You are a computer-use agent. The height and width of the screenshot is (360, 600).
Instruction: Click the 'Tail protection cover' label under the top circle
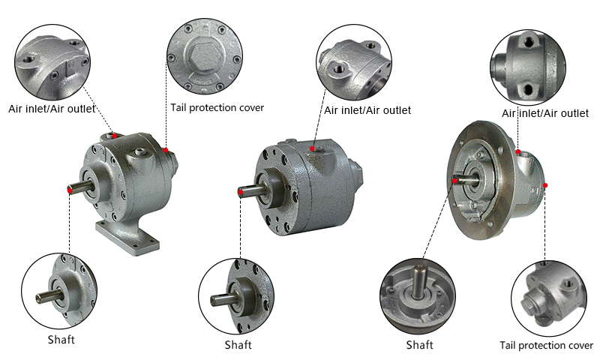point(217,107)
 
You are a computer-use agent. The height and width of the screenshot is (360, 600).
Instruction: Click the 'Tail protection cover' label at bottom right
point(546,345)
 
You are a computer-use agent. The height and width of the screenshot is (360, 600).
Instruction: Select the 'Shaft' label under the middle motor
point(238,345)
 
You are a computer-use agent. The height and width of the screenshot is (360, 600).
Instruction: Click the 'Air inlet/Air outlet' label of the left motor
point(52,108)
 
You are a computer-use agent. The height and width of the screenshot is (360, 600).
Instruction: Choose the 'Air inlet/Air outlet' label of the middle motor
point(367,110)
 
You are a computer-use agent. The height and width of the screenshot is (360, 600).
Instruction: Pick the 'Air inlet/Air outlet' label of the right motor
point(545,113)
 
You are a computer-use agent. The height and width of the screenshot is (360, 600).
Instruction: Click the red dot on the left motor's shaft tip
point(70,191)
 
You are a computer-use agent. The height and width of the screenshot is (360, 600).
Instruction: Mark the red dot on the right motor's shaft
point(456,180)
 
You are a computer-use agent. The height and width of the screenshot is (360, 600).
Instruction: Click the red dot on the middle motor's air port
point(312,149)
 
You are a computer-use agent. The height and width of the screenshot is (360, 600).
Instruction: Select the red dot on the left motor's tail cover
point(166,150)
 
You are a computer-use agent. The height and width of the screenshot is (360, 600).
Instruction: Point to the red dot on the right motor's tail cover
point(545,184)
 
